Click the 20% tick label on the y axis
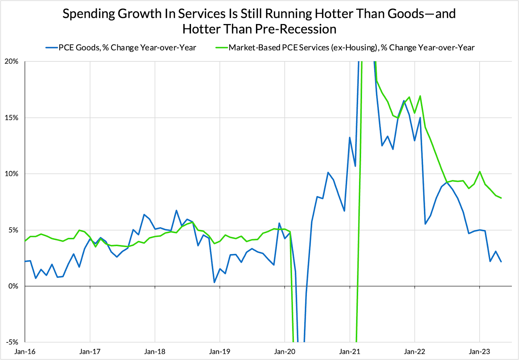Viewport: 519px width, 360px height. point(12,61)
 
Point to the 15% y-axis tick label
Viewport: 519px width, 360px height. point(12,118)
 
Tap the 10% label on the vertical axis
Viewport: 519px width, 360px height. point(12,174)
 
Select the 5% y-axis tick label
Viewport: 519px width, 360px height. point(13,230)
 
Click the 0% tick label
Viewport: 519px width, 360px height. point(13,286)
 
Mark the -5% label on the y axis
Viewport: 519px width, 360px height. point(12,342)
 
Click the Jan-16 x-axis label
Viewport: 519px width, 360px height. point(25,352)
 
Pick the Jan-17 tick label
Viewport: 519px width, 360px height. point(90,352)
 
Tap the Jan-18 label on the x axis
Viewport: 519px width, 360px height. point(155,352)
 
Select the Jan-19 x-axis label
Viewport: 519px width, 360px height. point(220,352)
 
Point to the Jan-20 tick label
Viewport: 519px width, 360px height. point(285,352)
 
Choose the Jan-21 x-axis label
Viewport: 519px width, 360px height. point(350,352)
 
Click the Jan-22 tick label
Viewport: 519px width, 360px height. point(415,352)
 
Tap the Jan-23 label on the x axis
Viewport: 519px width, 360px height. point(479,352)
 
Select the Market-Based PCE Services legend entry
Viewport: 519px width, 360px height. point(351,48)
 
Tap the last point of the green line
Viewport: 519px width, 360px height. point(501,198)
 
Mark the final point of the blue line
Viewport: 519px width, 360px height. point(501,262)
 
